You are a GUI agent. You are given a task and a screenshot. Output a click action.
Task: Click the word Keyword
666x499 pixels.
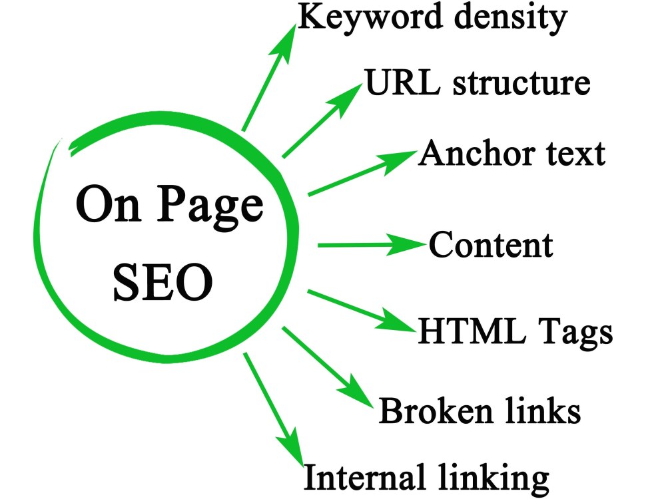pos(370,18)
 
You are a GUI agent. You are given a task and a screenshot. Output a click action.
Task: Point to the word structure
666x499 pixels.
pos(521,83)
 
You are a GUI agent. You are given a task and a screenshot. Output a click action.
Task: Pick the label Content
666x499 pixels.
pos(491,245)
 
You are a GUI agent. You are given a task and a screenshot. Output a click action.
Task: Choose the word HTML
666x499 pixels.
pos(472,330)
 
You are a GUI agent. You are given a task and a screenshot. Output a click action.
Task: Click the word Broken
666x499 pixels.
pos(436,411)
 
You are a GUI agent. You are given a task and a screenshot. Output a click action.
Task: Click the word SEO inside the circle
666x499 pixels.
pos(163,282)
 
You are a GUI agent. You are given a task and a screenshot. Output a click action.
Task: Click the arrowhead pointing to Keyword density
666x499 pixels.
pos(284,43)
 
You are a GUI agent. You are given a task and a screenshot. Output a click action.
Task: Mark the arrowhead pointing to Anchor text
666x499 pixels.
pos(397,160)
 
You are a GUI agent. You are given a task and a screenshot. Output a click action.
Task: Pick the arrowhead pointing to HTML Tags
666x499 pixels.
pos(395,321)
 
